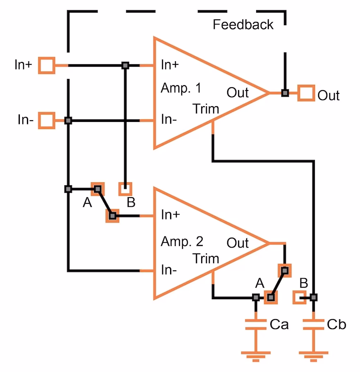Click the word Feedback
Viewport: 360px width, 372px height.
(243, 25)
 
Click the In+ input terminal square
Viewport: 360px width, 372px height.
(47, 65)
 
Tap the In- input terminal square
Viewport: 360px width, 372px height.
(47, 121)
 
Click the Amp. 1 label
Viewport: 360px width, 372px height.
(181, 88)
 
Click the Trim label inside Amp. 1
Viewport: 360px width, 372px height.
(206, 109)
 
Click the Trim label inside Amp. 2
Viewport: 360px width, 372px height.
(206, 259)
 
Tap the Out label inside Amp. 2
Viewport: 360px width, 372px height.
(238, 243)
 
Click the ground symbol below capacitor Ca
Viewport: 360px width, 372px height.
(256, 355)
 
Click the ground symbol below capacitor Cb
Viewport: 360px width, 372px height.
(313, 355)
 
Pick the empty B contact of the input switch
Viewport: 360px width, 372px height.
(125, 189)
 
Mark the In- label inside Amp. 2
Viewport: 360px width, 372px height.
(169, 270)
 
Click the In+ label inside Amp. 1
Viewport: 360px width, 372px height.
(170, 65)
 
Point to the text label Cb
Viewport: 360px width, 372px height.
(336, 324)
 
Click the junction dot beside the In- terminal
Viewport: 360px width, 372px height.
(69, 121)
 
